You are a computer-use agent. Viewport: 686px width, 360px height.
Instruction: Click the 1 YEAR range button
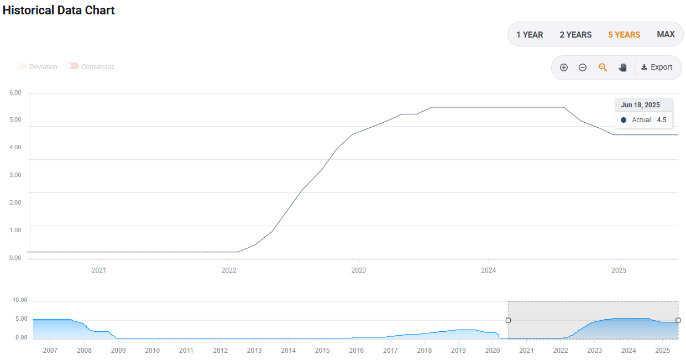(530, 35)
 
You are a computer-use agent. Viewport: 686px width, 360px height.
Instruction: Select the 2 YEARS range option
(575, 35)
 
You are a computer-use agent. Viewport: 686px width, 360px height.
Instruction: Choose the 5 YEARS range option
(624, 35)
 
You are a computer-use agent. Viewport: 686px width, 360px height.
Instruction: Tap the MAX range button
(666, 34)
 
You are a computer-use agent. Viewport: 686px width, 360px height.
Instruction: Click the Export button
(657, 67)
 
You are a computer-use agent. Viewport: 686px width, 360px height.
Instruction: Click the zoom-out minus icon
(583, 67)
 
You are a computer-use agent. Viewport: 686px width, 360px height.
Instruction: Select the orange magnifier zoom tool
(603, 67)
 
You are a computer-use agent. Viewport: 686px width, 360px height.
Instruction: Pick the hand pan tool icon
(623, 67)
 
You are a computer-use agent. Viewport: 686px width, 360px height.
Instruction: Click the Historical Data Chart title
(59, 11)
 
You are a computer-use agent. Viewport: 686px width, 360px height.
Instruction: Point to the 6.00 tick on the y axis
(15, 93)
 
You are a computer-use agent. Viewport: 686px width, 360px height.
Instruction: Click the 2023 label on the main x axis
(358, 270)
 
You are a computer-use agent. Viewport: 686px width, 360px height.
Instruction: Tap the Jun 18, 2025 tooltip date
(640, 105)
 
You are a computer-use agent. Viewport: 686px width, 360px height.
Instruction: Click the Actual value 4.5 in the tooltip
(661, 120)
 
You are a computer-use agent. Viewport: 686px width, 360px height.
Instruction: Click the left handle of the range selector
(508, 320)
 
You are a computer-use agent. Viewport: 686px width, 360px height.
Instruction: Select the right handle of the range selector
(678, 320)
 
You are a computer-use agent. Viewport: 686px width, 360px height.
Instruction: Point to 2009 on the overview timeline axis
(118, 351)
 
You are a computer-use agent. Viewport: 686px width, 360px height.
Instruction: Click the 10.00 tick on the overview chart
(20, 300)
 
